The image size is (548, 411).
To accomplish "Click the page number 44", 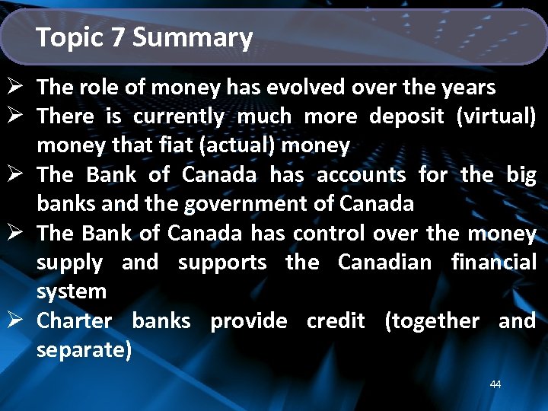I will pos(495,384).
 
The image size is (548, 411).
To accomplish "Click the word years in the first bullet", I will pos(469,88).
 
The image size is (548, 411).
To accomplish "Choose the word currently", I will pos(178,117).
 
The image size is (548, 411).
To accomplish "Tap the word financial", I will pos(493,263).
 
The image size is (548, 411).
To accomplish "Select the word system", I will pos(72,292).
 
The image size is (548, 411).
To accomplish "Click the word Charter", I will pos(75,320).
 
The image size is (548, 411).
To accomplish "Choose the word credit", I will pos(336,320).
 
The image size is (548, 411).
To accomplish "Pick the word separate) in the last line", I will pos(84,350).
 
